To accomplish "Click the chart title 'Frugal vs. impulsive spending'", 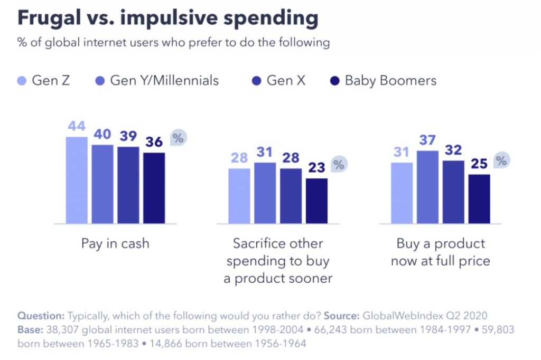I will tap(168, 18).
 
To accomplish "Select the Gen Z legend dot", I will tap(21, 81).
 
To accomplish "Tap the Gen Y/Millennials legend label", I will tap(164, 81).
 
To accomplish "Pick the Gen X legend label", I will tap(286, 81).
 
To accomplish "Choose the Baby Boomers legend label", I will tap(390, 81).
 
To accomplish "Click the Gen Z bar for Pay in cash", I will tap(77, 180).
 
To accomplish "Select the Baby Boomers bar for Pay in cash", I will tap(154, 188).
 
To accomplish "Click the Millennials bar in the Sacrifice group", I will tap(265, 193).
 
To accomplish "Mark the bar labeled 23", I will tap(316, 201).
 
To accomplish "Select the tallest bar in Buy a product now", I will tap(427, 187).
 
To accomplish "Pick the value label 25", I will tap(479, 164).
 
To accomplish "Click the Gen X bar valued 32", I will tap(453, 192).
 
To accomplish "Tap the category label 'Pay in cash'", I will tap(115, 243).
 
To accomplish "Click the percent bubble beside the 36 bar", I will tap(179, 138).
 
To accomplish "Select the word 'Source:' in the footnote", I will tap(342, 316).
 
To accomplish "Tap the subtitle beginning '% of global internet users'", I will tap(174, 43).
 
